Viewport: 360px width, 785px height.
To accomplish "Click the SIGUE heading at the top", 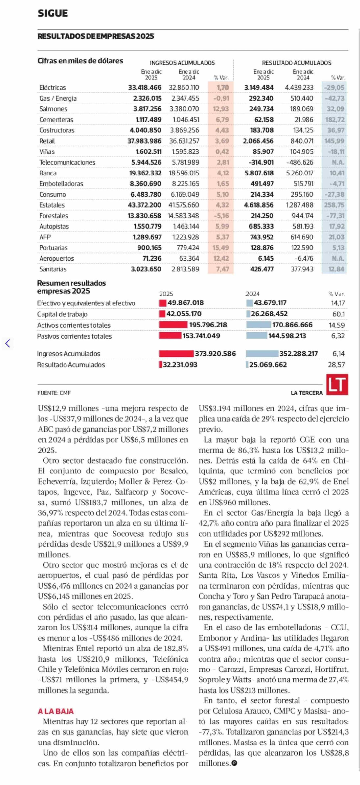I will point(53,13).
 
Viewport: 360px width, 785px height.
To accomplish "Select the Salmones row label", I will point(53,109).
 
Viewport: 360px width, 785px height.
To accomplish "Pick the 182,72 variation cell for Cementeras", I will point(335,120).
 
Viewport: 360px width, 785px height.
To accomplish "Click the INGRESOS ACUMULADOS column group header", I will point(182,63).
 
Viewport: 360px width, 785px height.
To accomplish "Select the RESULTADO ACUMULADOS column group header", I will point(296,63).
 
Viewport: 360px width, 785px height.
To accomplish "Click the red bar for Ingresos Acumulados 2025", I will point(176,354).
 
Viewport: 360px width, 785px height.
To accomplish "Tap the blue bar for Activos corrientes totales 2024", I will point(258,325).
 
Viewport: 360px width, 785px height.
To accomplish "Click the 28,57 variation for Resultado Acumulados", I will point(336,365).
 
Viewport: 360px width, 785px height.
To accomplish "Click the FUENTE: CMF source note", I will point(54,393).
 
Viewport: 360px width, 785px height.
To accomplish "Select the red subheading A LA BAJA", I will point(56,711).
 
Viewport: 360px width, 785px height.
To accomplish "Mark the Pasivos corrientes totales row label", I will point(74,336).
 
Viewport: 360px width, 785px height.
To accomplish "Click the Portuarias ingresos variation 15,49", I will point(221,248).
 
